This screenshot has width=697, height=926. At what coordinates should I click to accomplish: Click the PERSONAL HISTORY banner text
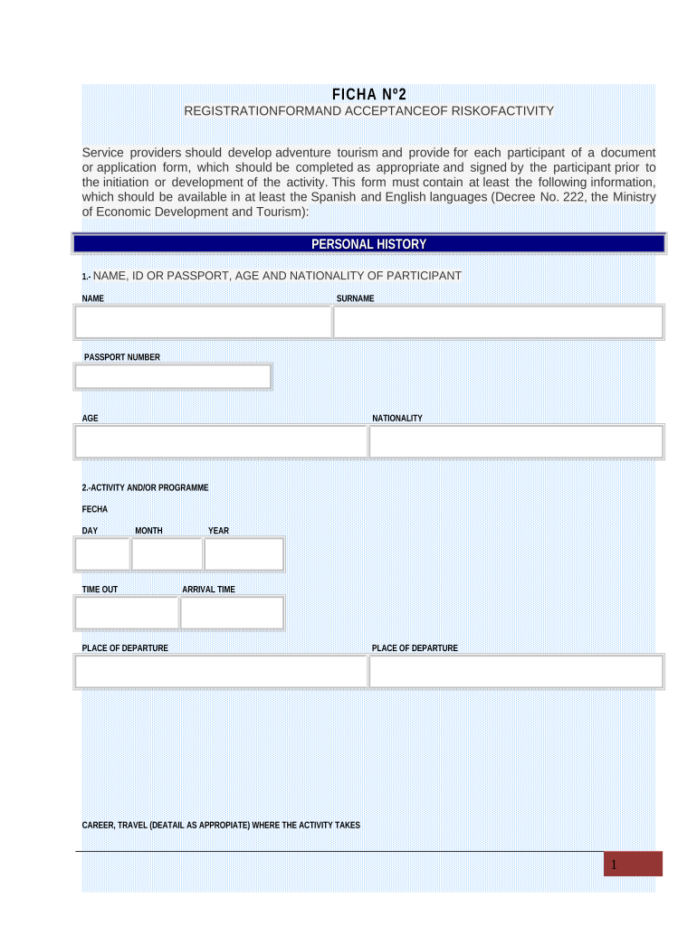[x=368, y=244]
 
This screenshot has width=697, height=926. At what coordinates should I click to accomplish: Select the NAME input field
[x=204, y=322]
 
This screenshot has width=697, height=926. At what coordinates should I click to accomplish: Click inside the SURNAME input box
[x=498, y=322]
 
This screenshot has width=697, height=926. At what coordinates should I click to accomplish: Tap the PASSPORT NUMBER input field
[x=173, y=376]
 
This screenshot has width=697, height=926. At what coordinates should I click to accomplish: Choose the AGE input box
[x=221, y=441]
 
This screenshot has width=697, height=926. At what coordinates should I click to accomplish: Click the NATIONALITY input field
[x=516, y=441]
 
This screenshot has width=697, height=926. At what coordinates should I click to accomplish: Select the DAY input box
[x=103, y=553]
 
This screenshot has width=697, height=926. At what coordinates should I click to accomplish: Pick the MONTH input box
[x=167, y=553]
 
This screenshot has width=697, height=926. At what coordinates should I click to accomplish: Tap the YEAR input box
[x=243, y=553]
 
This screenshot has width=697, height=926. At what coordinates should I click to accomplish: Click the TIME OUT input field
[x=127, y=612]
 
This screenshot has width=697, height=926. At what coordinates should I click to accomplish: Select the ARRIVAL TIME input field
[x=232, y=612]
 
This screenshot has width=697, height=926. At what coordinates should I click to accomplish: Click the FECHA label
[x=95, y=509]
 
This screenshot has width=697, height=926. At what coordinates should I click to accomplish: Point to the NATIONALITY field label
[x=397, y=419]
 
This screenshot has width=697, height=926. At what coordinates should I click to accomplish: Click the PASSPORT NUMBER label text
[x=122, y=357]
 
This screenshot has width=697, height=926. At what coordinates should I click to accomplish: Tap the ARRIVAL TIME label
[x=208, y=590]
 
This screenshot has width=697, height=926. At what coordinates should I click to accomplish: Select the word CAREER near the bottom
[x=97, y=825]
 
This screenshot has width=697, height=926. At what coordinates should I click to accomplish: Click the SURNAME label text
[x=356, y=298]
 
